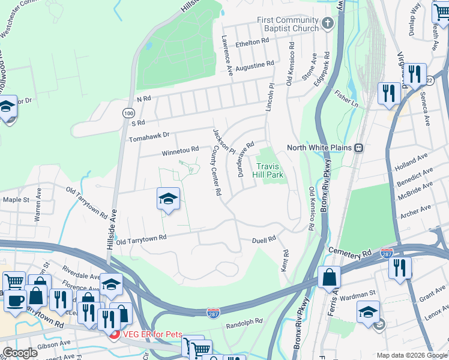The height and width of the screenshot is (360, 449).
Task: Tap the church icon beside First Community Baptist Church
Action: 327,24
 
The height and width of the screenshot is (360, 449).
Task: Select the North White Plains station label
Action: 321,148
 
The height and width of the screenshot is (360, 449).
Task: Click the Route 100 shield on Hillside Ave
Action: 128,113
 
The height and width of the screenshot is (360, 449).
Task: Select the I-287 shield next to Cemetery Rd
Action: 387,254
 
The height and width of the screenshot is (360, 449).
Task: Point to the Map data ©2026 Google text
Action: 412,355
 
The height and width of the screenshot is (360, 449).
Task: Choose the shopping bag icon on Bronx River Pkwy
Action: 329,278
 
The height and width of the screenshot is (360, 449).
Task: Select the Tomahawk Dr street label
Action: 149,138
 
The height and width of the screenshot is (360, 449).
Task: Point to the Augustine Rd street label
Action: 255,63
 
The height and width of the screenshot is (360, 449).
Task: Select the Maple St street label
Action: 16,199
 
